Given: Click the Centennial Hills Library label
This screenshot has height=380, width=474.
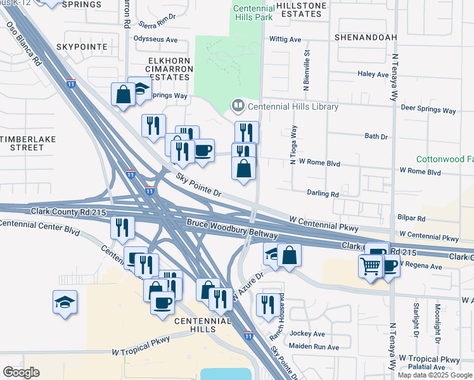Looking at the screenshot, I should (293, 106).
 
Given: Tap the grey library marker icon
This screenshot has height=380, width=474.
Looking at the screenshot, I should (238, 106).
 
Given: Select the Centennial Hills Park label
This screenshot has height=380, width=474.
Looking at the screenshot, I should (253, 12).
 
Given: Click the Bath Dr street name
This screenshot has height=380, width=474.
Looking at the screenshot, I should (376, 136).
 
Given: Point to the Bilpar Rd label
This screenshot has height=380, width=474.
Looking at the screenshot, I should (412, 218).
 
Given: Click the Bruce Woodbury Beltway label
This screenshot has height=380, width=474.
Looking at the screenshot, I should (232, 229).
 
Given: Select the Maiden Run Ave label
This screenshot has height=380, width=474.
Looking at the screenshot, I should (314, 346).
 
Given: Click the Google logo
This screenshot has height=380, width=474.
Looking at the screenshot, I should (21, 372).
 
